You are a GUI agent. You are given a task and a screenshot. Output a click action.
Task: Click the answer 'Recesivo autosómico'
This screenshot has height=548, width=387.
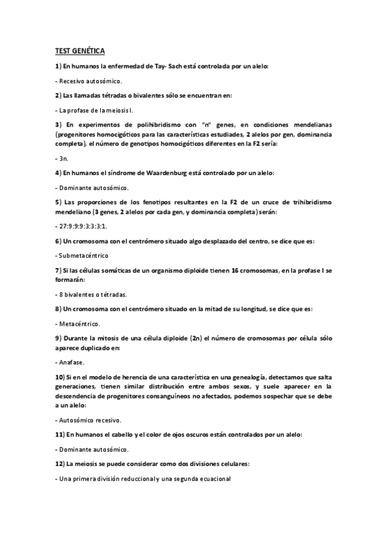(x=90, y=81)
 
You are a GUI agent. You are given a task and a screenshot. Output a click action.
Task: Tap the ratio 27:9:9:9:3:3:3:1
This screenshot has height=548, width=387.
(x=83, y=226)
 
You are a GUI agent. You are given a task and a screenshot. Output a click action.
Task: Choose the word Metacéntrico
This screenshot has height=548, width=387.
(x=83, y=323)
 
